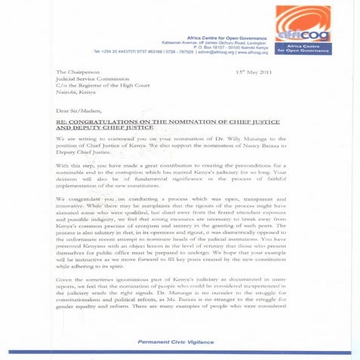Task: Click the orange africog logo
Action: coord(302,23)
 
